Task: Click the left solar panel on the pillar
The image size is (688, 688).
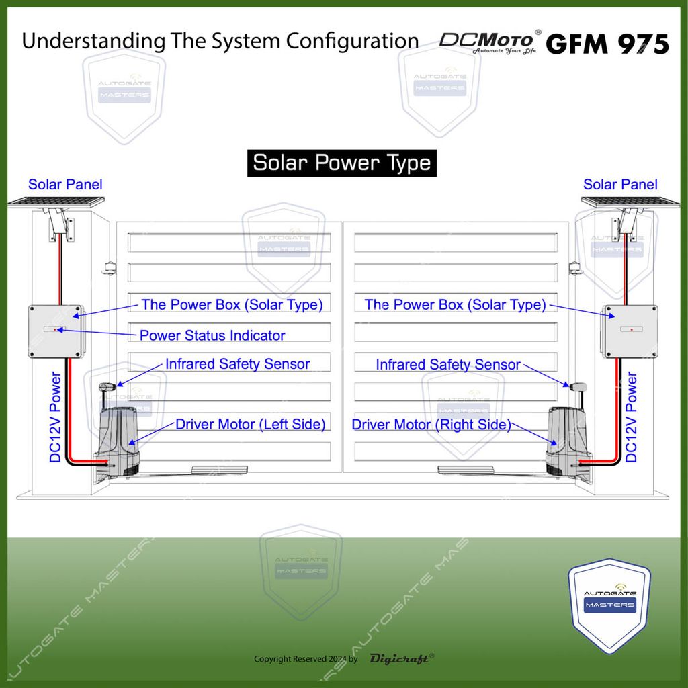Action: coord(56,201)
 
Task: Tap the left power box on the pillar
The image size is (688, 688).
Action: coord(55,331)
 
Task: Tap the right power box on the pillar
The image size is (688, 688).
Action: coord(630,331)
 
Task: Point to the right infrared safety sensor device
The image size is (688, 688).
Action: coord(578,387)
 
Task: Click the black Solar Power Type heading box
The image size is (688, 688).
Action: coord(341,163)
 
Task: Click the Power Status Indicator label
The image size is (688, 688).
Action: coord(212,335)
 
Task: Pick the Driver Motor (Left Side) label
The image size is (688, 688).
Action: coord(251,424)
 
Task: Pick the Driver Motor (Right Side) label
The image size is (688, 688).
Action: coord(431,425)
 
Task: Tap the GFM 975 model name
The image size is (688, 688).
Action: coord(607,44)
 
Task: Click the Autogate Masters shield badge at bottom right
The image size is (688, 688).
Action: coord(609,605)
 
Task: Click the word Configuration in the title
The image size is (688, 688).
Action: coord(353,42)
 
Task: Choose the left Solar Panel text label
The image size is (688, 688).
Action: coord(65,184)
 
